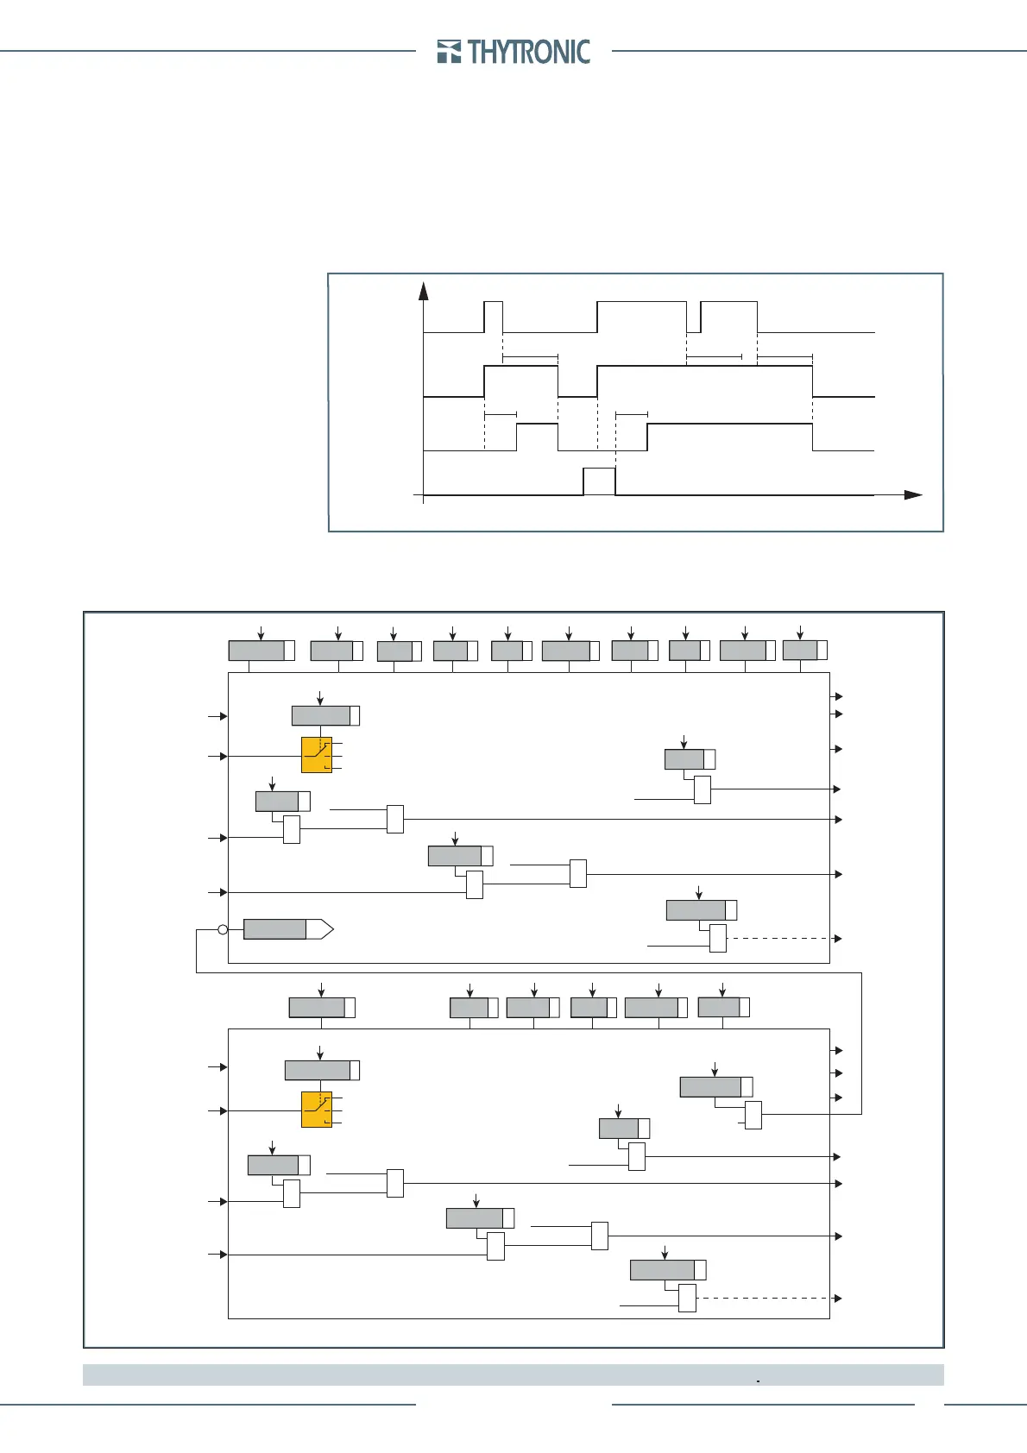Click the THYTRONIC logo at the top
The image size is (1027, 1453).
click(x=514, y=52)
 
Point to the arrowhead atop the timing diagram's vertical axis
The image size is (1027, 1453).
click(x=424, y=291)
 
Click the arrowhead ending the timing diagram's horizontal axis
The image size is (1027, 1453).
click(x=913, y=495)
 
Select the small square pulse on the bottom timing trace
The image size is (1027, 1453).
click(x=599, y=481)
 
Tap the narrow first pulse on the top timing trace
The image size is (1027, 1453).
click(x=493, y=316)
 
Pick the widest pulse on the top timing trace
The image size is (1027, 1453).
click(x=641, y=316)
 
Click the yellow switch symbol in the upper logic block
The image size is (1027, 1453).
click(x=317, y=755)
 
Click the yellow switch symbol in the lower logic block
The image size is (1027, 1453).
click(x=317, y=1110)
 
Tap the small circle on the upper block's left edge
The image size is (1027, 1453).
click(x=223, y=929)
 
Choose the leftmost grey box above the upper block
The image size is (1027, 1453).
click(x=257, y=651)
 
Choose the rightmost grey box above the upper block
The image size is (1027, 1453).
click(x=801, y=650)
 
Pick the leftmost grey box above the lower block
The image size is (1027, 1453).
click(x=318, y=1008)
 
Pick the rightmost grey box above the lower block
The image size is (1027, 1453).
click(x=720, y=1007)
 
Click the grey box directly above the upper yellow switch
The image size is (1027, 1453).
click(x=322, y=715)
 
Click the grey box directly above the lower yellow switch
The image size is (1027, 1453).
click(x=318, y=1070)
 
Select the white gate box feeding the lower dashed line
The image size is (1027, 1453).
click(x=687, y=1298)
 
